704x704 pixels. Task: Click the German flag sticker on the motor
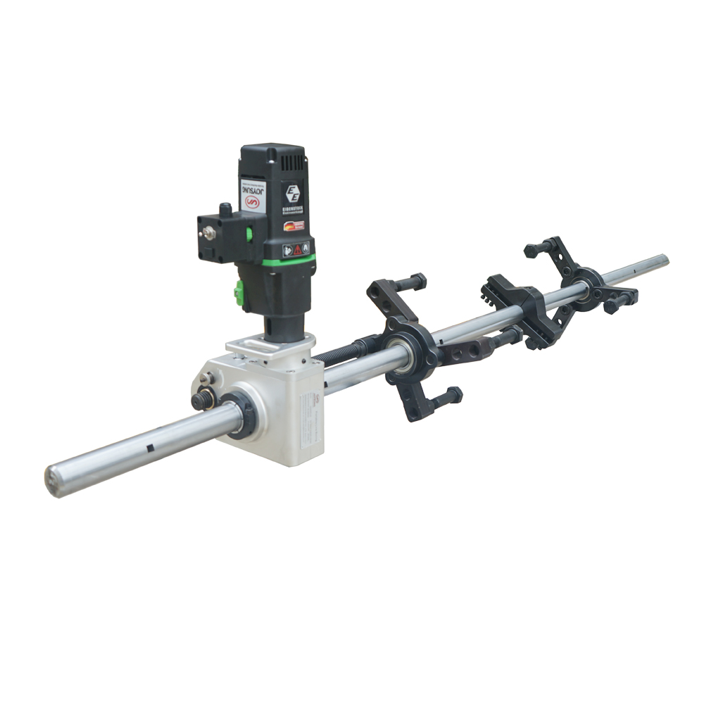pos(294,227)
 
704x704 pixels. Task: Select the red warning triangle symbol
pos(297,249)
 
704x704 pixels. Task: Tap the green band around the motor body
pos(289,263)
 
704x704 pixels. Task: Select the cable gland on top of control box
pos(225,210)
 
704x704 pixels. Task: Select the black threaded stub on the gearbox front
pos(202,400)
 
